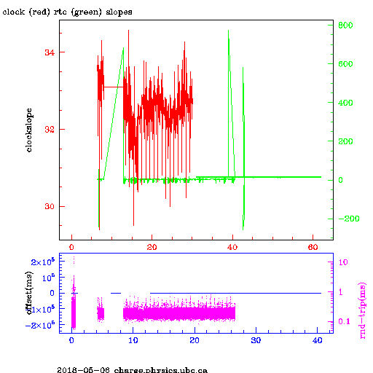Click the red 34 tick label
[x=50, y=52]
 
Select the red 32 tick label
[x=50, y=130]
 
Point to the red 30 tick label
[x=50, y=206]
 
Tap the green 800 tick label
[x=345, y=25]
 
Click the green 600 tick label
[x=345, y=64]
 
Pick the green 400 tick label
[x=345, y=103]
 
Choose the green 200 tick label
[x=345, y=141]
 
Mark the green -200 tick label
[x=349, y=219]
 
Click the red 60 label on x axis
[x=313, y=247]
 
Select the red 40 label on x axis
[x=232, y=247]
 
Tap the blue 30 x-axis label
[x=256, y=340]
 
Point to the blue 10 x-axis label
[x=133, y=340]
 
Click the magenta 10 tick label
[x=343, y=262]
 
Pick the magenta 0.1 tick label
[x=345, y=321]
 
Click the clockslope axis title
[x=29, y=130]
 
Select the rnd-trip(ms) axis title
[x=362, y=310]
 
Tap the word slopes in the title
[x=119, y=12]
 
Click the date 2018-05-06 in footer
[x=83, y=370]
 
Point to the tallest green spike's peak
[x=228, y=31]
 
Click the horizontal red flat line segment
[x=114, y=87]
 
